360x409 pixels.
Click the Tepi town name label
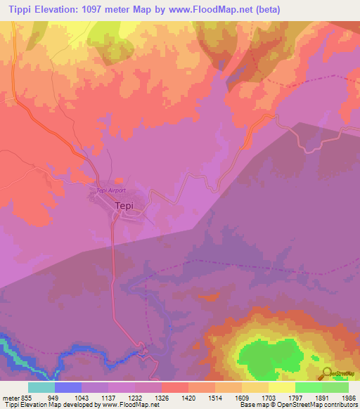[x=124, y=206]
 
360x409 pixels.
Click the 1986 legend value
[x=340, y=397]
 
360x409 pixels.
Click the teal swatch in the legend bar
[x=41, y=387]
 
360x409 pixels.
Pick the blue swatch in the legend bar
[x=67, y=387]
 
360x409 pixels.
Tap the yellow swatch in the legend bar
[x=281, y=387]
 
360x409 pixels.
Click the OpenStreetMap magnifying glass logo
[x=327, y=373]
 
